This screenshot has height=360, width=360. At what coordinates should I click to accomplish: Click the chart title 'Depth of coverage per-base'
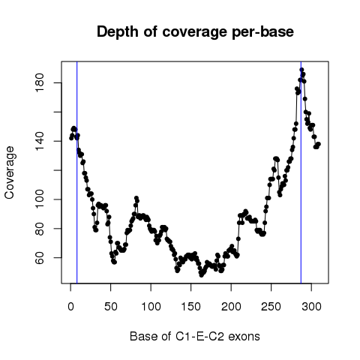195,32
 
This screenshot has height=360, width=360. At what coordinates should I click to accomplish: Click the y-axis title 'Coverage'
10,172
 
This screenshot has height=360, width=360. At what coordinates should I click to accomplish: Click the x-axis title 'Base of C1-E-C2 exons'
195,336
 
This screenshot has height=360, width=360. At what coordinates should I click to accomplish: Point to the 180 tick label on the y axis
40,82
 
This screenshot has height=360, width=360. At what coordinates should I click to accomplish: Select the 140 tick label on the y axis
40,141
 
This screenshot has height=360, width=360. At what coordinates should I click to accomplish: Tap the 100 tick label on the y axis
40,199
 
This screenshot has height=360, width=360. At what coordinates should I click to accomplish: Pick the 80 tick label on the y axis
40,229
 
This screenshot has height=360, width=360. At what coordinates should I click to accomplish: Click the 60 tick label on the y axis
40,257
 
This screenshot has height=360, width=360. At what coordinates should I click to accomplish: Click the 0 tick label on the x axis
70,307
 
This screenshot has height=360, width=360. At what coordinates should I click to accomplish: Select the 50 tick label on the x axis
111,307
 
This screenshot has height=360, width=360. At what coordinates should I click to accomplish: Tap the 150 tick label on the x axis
191,307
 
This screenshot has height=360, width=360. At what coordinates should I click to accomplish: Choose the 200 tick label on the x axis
231,307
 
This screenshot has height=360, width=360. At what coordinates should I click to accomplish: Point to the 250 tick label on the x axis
271,307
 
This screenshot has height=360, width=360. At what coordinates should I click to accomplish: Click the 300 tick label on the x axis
311,307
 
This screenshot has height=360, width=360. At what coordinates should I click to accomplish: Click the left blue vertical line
77,172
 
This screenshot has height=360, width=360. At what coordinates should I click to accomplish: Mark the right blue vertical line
301,172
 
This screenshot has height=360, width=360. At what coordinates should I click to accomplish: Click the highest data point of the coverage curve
301,70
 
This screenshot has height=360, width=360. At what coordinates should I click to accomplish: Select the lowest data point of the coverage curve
201,275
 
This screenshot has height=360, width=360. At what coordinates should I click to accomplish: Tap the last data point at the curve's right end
319,144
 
